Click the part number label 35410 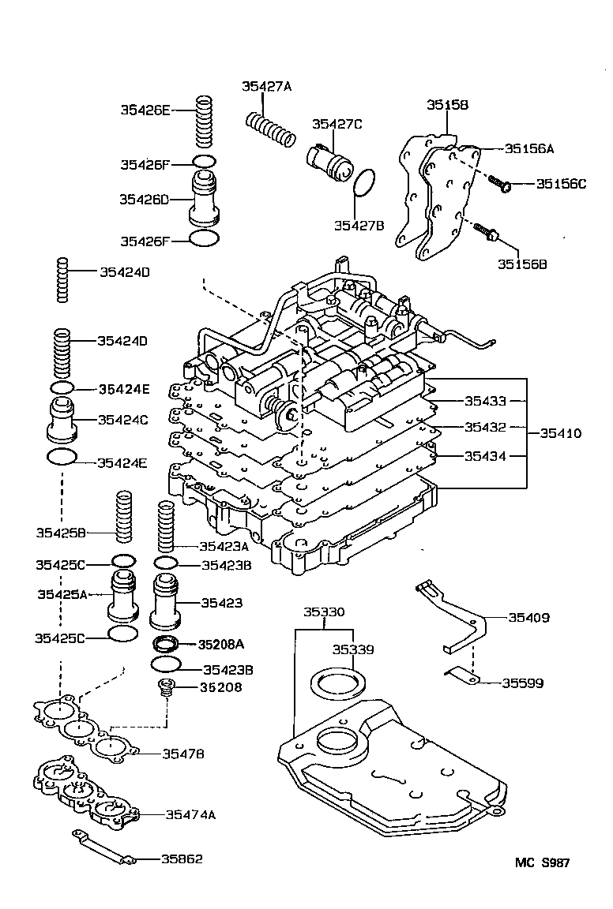pos(561,433)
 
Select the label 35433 pos(484,401)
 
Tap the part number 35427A pos(266,88)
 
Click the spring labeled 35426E pos(205,122)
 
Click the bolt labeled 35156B pos(487,231)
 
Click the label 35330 pos(325,612)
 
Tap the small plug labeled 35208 pos(166,687)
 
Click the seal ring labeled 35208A pos(167,642)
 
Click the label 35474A pos(189,814)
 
